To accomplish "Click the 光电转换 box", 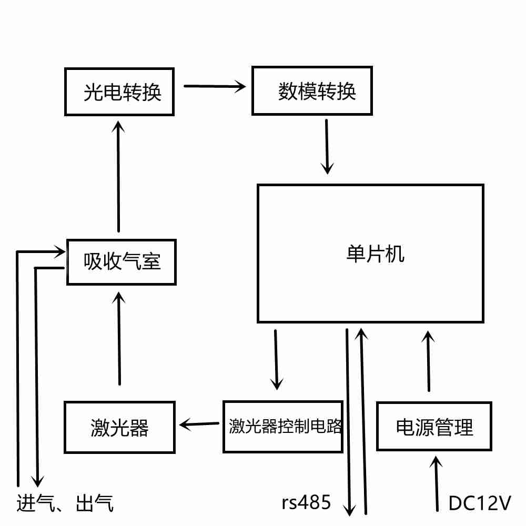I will point(119,92).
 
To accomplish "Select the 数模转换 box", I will point(312,90).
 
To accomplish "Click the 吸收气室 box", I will point(121,261).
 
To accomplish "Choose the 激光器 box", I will point(119,427).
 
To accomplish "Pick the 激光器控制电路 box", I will point(283,427).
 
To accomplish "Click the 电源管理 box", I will point(434,427).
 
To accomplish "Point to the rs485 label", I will point(306,503).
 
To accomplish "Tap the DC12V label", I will point(480,503).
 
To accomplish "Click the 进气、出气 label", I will point(65,503).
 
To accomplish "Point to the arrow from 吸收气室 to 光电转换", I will point(118,176).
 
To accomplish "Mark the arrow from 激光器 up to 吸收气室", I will point(119,339).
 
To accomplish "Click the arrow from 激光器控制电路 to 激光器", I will point(199,423).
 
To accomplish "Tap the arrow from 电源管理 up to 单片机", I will point(429,361).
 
